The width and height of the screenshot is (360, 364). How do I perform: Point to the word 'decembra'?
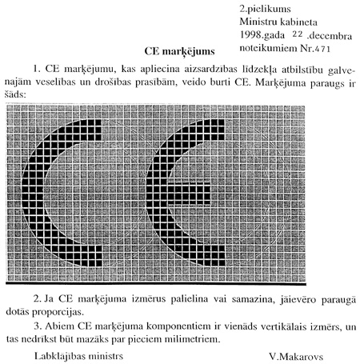[328, 35]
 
